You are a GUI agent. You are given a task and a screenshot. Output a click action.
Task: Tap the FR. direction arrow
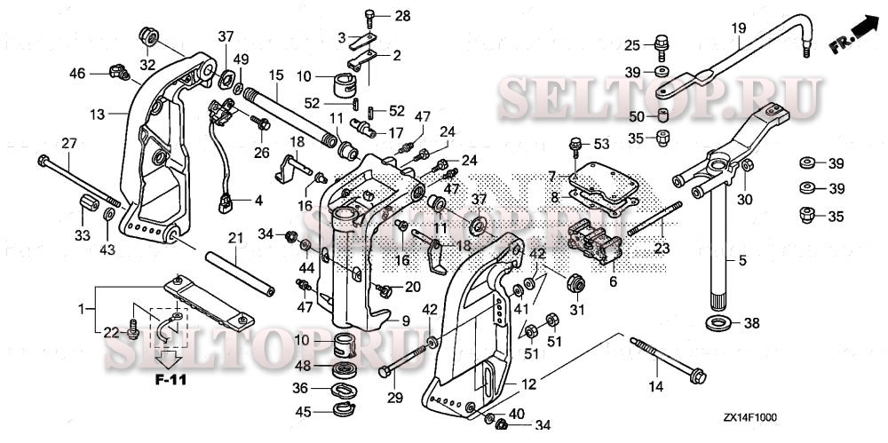(x=853, y=35)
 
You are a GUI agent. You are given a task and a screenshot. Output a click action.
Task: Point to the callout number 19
(x=738, y=28)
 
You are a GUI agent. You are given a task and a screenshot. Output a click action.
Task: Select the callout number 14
(x=656, y=387)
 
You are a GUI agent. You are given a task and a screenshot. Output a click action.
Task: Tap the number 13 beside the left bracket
(x=97, y=114)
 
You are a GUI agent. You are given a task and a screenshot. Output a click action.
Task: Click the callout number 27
(x=68, y=143)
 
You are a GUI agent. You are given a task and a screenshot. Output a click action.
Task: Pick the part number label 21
(x=234, y=238)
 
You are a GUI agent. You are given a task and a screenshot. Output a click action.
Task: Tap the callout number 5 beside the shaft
(x=742, y=261)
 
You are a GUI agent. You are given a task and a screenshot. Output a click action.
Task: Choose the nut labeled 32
(x=148, y=37)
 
